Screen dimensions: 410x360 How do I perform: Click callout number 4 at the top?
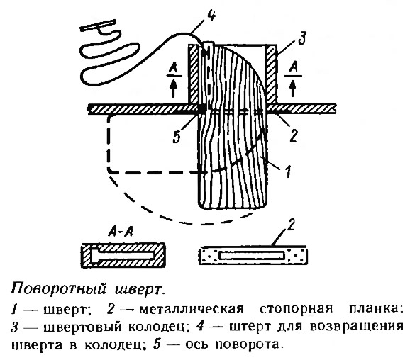point(211,15)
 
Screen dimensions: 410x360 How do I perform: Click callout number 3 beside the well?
point(302,39)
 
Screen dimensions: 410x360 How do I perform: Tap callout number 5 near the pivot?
point(177,136)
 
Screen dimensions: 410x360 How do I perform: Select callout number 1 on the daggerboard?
point(288,171)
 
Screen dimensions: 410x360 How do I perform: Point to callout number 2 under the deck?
point(294,135)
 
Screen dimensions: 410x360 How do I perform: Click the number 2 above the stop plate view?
point(291,225)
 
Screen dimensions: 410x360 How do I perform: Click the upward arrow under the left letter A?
point(173,89)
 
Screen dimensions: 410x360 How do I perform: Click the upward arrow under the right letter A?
point(293,89)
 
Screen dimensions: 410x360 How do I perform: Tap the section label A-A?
point(121,232)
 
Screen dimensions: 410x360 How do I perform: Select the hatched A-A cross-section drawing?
point(123,256)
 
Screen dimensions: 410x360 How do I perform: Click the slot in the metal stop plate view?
point(252,256)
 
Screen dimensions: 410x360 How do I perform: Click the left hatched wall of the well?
point(194,74)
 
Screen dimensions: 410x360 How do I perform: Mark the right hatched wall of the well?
point(271,74)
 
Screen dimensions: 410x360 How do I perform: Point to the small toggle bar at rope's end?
point(97,25)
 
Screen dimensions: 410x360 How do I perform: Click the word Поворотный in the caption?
point(58,289)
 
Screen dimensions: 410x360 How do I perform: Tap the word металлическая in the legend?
point(192,309)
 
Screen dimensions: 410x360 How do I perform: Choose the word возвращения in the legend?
point(356,327)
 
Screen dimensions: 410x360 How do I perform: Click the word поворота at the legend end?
point(249,345)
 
